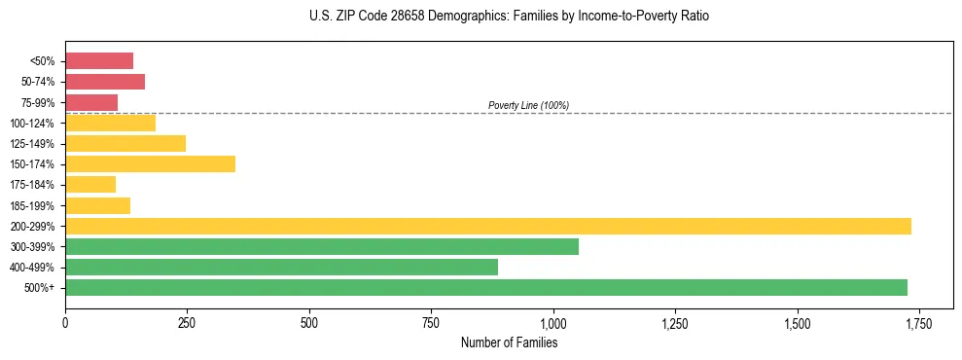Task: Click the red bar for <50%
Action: (99, 61)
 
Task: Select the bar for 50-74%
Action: (105, 82)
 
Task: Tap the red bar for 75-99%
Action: (91, 102)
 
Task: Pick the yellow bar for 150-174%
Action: (150, 164)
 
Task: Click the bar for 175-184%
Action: (90, 185)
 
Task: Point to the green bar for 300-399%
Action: (322, 247)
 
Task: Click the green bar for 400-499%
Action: (281, 268)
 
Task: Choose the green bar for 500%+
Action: (486, 288)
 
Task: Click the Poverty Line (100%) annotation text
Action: (528, 105)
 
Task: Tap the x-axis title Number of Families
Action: (509, 342)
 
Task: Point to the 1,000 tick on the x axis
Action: (552, 322)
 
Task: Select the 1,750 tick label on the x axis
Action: (918, 322)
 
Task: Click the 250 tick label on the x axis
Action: (187, 322)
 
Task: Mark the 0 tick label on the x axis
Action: (65, 322)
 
